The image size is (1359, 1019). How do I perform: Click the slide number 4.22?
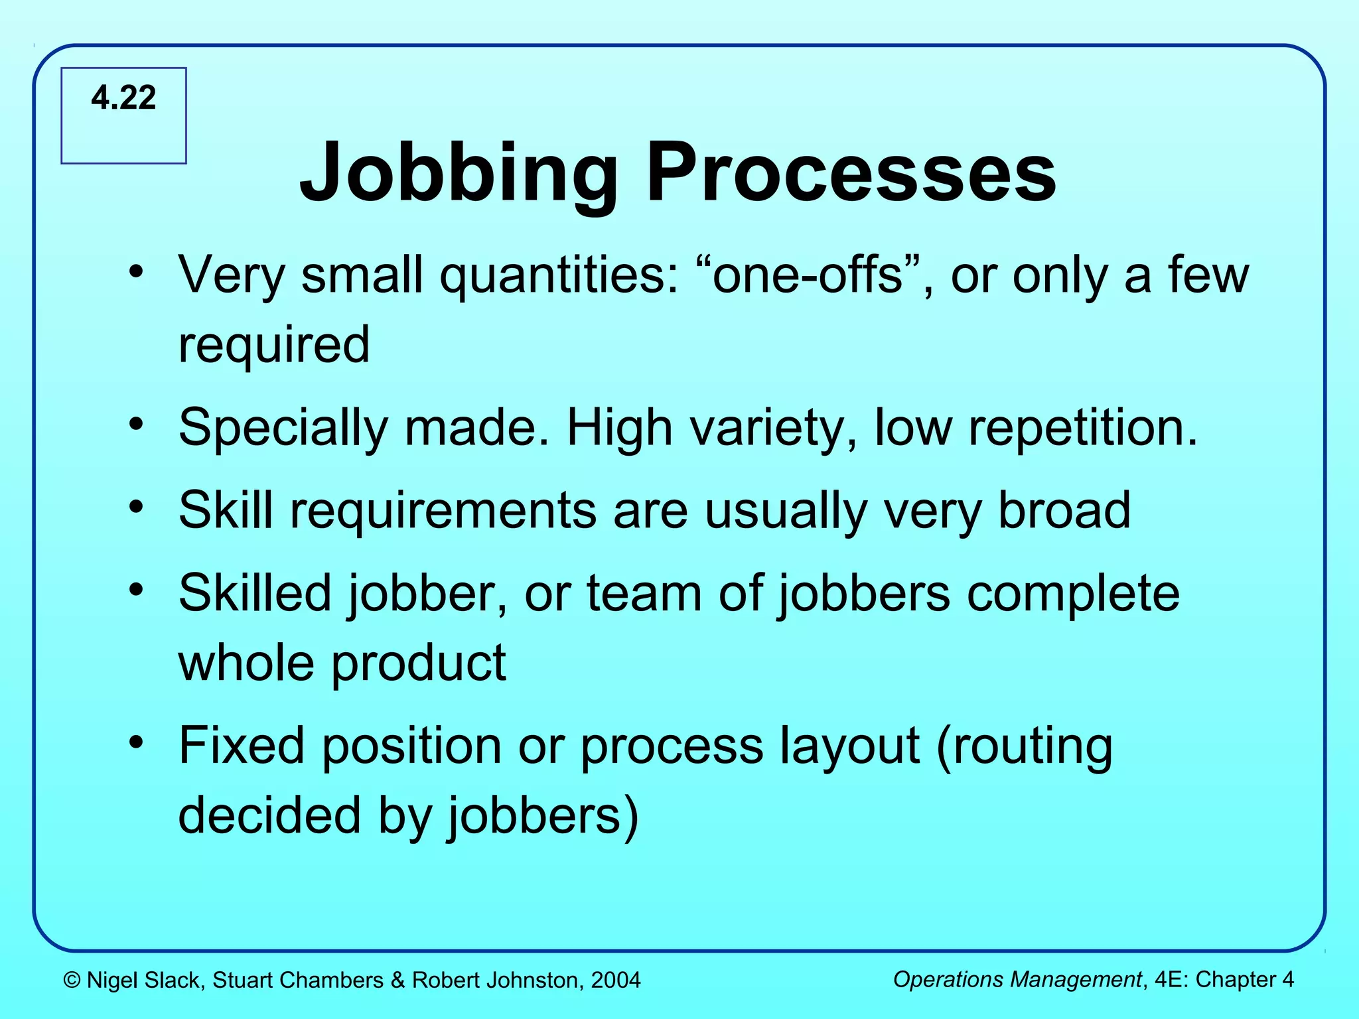click(x=123, y=98)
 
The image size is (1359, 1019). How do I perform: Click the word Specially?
click(x=283, y=428)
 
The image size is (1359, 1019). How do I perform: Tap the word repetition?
click(x=1083, y=428)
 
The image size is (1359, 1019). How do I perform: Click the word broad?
click(x=1064, y=510)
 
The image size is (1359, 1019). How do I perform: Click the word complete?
click(x=1073, y=594)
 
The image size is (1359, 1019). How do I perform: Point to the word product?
click(x=418, y=663)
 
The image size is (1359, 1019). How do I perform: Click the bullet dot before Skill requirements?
click(x=137, y=507)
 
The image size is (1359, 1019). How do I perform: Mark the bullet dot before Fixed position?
click(x=137, y=742)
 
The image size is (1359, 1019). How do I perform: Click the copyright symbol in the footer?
click(x=72, y=980)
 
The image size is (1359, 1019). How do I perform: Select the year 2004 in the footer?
click(x=616, y=980)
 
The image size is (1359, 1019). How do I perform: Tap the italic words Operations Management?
click(x=1017, y=979)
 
